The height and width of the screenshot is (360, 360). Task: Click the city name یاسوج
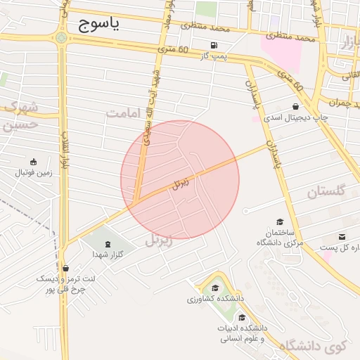pyautogui.click(x=96, y=25)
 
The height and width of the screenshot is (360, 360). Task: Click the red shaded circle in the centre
pyautogui.click(x=180, y=179)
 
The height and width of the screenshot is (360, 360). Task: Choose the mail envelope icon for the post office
pyautogui.click(x=342, y=237)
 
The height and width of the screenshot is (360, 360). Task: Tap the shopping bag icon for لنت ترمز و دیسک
pyautogui.click(x=65, y=268)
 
